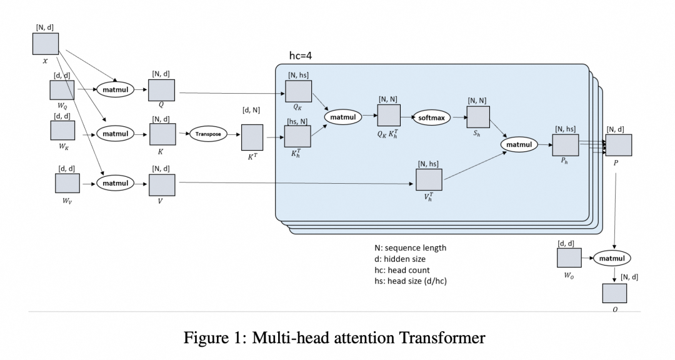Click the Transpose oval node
208,134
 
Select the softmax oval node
431,117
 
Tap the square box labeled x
46,44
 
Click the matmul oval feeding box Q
116,90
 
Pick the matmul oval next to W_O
612,257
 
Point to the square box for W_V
67,184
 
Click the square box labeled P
619,145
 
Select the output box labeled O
614,294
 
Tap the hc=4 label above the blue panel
300,56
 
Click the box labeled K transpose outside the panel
252,137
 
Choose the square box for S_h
479,117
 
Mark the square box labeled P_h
565,145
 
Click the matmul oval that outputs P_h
519,145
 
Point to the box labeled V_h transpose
429,180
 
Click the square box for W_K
62,131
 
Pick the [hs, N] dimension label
297,121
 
